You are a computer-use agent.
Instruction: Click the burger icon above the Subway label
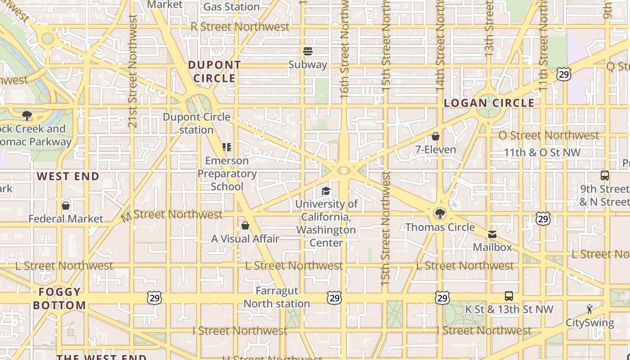[x=308, y=51]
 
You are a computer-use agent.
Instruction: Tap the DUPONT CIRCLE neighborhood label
[x=215, y=72]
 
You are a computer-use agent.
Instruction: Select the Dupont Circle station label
[x=197, y=123]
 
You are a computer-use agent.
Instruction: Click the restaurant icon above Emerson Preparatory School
[x=227, y=147]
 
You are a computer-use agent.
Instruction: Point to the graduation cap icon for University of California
[x=326, y=191]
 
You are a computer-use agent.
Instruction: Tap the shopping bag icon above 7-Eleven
[x=436, y=136]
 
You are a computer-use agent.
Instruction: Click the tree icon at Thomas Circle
[x=440, y=214]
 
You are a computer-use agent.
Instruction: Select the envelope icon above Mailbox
[x=492, y=234]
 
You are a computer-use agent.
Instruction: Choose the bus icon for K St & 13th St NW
[x=508, y=296]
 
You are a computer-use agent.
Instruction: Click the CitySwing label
[x=589, y=323]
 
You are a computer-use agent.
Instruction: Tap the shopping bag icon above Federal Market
[x=66, y=206]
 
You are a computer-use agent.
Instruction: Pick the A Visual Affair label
[x=245, y=238]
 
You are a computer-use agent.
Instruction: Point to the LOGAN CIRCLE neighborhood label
[x=489, y=103]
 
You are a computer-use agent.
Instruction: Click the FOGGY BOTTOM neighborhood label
[x=59, y=298]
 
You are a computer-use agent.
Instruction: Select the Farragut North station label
[x=277, y=297]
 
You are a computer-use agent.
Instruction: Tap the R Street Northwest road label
[x=240, y=27]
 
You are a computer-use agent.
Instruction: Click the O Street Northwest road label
[x=549, y=135]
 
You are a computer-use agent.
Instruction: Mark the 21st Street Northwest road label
[x=132, y=71]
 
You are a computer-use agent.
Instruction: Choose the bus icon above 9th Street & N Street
[x=605, y=175]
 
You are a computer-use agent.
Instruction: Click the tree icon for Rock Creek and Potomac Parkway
[x=27, y=116]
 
